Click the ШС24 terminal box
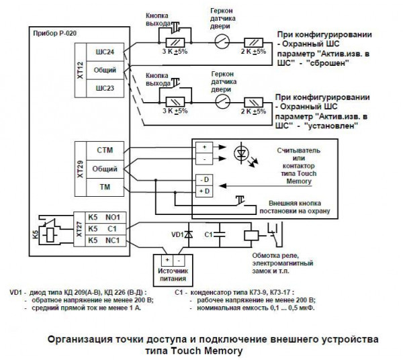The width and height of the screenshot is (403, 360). point(105,52)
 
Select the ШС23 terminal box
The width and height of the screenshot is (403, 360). point(105,89)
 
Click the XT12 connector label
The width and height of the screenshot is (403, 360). point(80,70)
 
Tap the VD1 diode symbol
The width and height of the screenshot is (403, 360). point(187,234)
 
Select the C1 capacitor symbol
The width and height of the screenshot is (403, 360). point(223,234)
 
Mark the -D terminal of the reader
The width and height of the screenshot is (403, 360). point(202,179)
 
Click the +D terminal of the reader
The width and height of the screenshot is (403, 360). point(202,192)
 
